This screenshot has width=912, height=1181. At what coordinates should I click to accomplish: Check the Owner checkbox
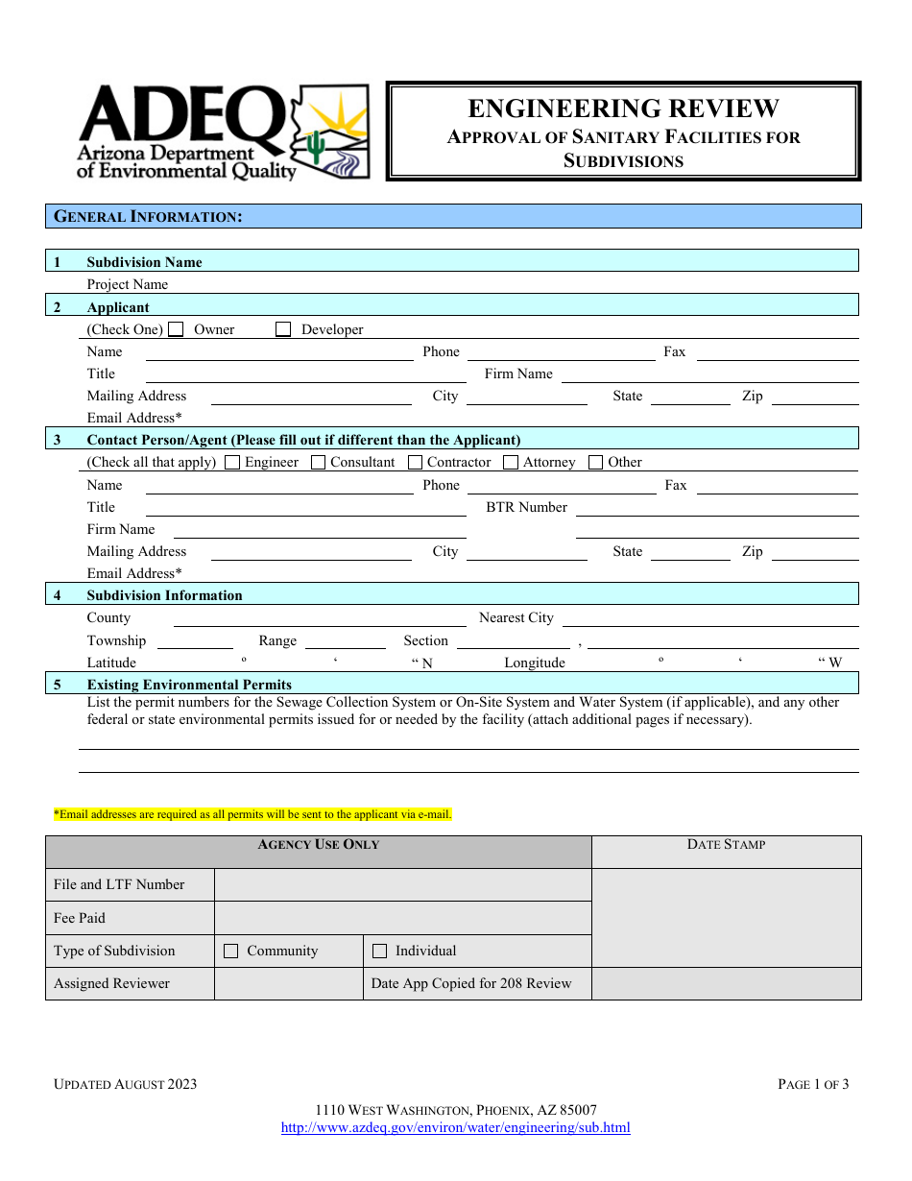[176, 329]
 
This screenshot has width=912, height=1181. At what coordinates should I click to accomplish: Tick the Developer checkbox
[283, 329]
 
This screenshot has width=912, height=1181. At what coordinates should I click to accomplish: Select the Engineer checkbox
[232, 463]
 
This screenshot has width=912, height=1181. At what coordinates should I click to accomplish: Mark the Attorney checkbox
[511, 463]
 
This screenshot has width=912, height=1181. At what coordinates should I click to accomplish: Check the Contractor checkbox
[415, 463]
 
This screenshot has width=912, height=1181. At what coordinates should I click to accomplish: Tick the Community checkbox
[230, 952]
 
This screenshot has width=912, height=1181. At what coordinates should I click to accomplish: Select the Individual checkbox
[379, 952]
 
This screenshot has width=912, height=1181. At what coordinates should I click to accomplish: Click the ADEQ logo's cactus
[316, 146]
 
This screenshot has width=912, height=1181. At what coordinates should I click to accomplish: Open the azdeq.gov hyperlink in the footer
[455, 1128]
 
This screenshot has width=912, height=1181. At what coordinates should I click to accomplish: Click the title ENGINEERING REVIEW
[623, 108]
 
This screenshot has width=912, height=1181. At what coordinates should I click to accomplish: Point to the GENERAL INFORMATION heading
[148, 217]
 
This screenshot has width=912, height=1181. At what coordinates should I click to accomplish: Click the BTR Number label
[526, 507]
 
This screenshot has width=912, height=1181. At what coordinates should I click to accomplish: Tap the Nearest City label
[516, 618]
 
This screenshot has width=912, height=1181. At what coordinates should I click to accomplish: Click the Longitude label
[535, 663]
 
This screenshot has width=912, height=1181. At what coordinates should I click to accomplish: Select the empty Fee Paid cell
[402, 918]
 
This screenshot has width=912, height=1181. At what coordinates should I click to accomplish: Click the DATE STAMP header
[726, 845]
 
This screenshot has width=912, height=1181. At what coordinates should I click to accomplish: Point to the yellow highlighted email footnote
[252, 815]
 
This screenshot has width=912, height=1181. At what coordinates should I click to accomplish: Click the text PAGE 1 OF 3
[813, 1085]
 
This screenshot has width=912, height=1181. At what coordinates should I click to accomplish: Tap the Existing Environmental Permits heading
[189, 685]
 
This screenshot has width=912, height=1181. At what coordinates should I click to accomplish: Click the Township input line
[195, 641]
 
